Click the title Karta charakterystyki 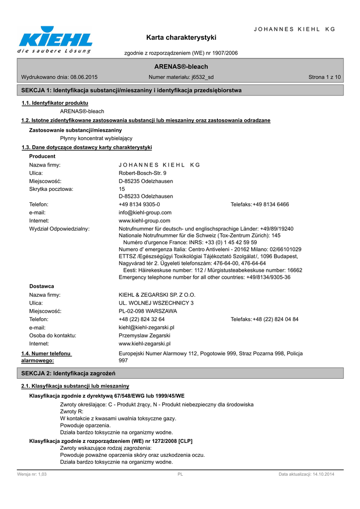(181, 37)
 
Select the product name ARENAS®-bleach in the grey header (181, 67)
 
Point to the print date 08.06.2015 (84, 77)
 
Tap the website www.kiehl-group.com (145, 220)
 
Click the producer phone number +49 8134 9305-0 (139, 204)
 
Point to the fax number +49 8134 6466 (271, 204)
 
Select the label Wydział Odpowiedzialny (60, 229)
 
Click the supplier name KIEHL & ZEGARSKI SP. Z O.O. (157, 295)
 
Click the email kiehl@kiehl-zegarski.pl (146, 328)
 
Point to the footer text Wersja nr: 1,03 (32, 475)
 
